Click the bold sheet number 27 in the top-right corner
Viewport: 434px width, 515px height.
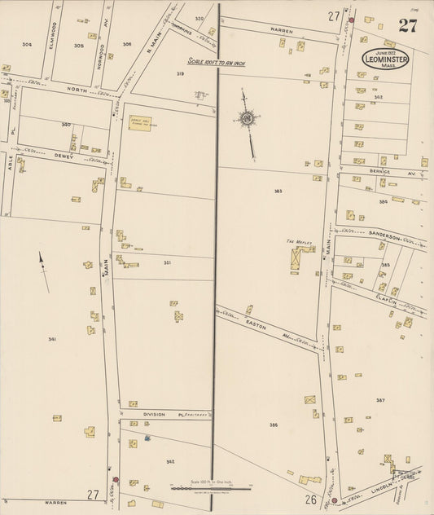pyautogui.click(x=408, y=25)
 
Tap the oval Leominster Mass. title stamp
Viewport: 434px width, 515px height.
pyautogui.click(x=386, y=59)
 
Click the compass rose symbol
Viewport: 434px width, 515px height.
pyautogui.click(x=246, y=119)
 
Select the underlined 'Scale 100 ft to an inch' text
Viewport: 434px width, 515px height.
pyautogui.click(x=216, y=61)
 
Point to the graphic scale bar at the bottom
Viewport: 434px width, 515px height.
pyautogui.click(x=210, y=488)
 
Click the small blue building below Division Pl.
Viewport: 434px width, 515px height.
pyautogui.click(x=147, y=438)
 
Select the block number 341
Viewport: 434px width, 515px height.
pyautogui.click(x=52, y=339)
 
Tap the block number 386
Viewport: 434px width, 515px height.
pyautogui.click(x=274, y=425)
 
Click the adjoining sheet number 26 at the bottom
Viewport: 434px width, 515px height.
pyautogui.click(x=311, y=499)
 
